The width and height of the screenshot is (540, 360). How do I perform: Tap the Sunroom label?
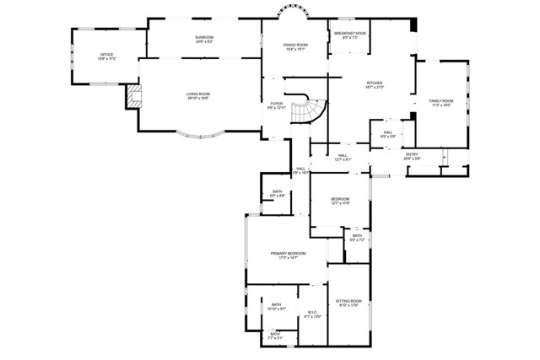click(x=204, y=40)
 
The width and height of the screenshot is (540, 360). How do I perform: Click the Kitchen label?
click(x=375, y=85)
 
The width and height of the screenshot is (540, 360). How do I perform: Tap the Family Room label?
click(x=441, y=103)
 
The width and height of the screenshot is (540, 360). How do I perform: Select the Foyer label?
click(x=277, y=105)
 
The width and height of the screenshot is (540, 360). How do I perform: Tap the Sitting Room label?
click(x=348, y=303)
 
